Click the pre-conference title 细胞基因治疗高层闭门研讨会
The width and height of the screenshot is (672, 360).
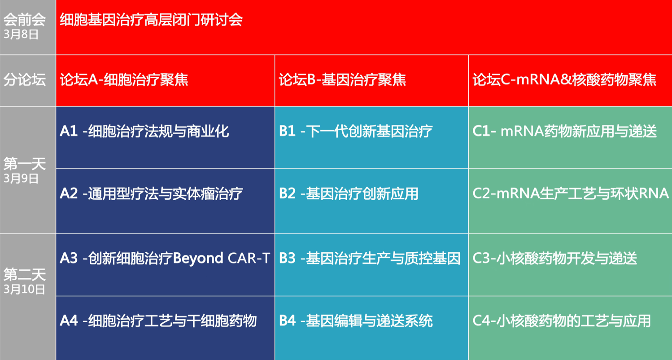[151, 20]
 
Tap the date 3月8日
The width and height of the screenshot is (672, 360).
[21, 34]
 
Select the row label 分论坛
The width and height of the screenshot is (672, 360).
[25, 80]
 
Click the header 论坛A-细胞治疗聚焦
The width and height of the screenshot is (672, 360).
[124, 80]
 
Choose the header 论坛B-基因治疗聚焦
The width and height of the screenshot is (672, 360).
[342, 80]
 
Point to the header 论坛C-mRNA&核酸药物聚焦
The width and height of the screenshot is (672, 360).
[564, 80]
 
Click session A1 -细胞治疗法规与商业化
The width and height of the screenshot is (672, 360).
[144, 131]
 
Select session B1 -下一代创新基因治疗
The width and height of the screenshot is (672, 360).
[356, 131]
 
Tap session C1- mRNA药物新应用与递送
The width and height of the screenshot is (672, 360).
[565, 131]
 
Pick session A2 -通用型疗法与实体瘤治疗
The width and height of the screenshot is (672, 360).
[151, 193]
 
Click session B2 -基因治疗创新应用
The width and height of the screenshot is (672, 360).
[349, 193]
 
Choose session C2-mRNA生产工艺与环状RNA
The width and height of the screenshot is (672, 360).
[571, 193]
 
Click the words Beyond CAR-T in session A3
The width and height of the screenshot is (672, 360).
[222, 258]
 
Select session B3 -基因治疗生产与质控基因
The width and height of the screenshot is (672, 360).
[370, 258]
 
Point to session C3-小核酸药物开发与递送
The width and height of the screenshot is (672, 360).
[555, 258]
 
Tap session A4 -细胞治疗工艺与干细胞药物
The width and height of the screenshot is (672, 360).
[158, 320]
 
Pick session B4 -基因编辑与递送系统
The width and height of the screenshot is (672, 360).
[356, 320]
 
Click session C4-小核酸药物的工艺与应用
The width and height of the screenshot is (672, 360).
[562, 320]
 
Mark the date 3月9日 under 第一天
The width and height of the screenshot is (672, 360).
[21, 178]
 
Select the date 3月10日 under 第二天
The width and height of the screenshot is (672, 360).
[24, 289]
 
